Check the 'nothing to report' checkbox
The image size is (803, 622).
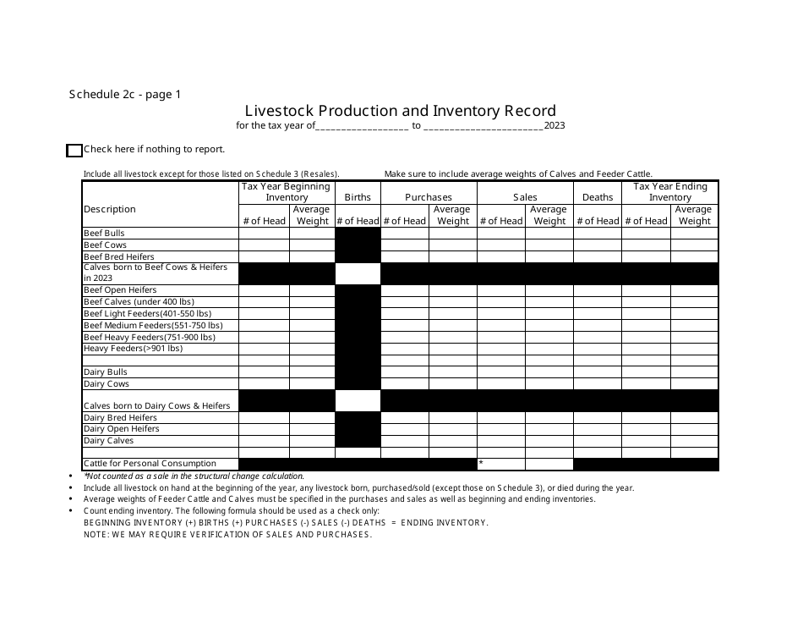pyautogui.click(x=74, y=151)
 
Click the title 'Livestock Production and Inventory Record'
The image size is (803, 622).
pyautogui.click(x=401, y=111)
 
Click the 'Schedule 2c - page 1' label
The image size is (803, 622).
pyautogui.click(x=125, y=95)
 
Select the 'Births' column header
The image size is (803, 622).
pyautogui.click(x=358, y=197)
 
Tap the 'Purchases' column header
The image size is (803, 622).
pyautogui.click(x=429, y=197)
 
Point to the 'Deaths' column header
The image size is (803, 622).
pyautogui.click(x=598, y=197)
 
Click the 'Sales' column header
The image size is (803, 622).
pyautogui.click(x=525, y=197)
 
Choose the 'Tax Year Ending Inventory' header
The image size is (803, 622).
pyautogui.click(x=670, y=192)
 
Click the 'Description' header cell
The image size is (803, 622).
pyautogui.click(x=110, y=209)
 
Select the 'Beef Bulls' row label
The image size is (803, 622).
pyautogui.click(x=104, y=233)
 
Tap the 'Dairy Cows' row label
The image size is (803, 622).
pyautogui.click(x=107, y=383)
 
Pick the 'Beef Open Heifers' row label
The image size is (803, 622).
pyautogui.click(x=120, y=290)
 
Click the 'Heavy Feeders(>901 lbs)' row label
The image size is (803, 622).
pyautogui.click(x=133, y=349)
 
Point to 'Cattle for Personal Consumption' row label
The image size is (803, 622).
pyautogui.click(x=138, y=464)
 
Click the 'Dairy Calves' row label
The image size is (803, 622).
pyautogui.click(x=109, y=441)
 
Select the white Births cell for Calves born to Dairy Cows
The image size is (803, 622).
pyautogui.click(x=358, y=400)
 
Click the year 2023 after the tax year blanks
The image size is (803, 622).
pyautogui.click(x=554, y=125)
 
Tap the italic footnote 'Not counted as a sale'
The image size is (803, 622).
pyautogui.click(x=194, y=476)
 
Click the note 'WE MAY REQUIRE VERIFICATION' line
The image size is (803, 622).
pyautogui.click(x=227, y=535)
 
